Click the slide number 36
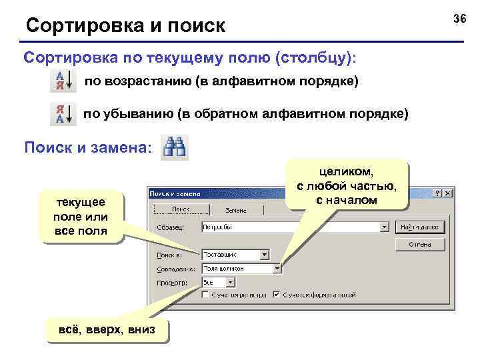460,19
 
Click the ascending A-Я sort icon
63,83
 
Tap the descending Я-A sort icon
63,114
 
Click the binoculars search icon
177,147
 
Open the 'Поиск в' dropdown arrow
264,254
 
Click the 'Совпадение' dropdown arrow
277,269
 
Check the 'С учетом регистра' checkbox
207,294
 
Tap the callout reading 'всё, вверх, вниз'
107,329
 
